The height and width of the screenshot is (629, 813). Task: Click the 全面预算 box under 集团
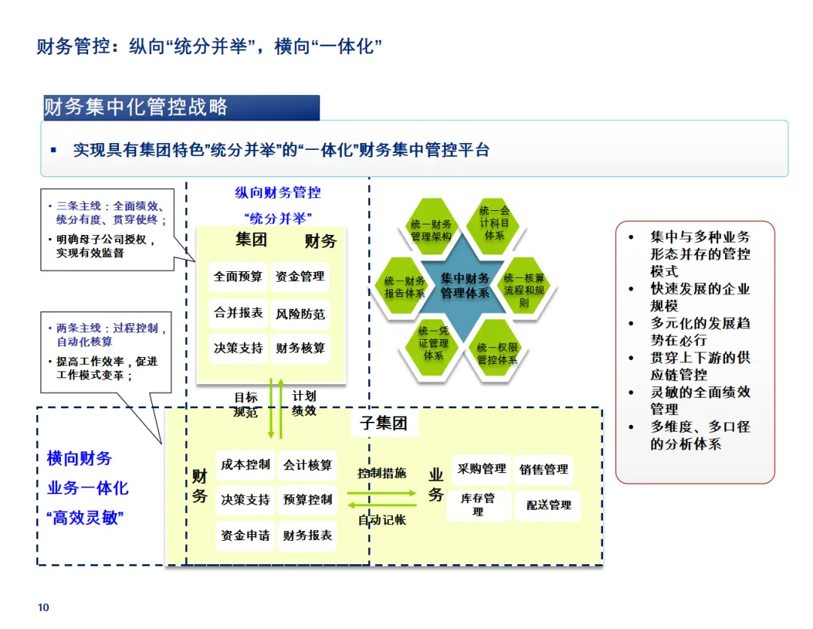[x=238, y=276]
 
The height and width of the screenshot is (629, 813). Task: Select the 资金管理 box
[x=300, y=276]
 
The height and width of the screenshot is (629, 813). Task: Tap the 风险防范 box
[x=300, y=313]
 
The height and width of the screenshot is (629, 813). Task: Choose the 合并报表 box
[x=238, y=313]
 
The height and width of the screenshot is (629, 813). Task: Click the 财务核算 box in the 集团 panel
[x=300, y=348]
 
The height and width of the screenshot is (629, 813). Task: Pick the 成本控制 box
[x=245, y=465]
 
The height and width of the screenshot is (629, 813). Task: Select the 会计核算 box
[x=307, y=465]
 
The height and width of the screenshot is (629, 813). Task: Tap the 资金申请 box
[x=245, y=536]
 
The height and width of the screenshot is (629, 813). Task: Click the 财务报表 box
[x=307, y=536]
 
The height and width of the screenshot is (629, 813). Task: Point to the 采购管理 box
[x=482, y=469]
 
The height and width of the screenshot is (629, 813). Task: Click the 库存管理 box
[x=479, y=505]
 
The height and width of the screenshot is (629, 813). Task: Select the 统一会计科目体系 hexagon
[x=495, y=223]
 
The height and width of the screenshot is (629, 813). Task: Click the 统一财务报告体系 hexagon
[x=405, y=287]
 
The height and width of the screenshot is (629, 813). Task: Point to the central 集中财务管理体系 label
[x=464, y=285]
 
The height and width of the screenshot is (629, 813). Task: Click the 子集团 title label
[x=383, y=423]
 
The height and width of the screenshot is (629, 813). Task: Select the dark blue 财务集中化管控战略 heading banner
[x=181, y=107]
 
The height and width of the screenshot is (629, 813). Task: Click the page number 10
[x=44, y=608]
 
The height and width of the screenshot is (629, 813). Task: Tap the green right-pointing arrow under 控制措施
[x=382, y=493]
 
